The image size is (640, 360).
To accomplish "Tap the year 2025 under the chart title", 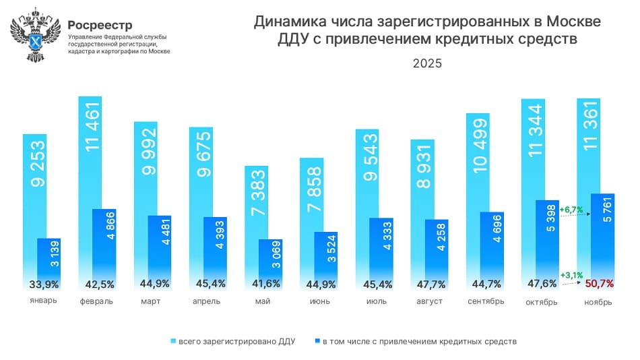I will coord(427,64).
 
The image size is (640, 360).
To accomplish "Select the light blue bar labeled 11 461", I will coord(90,148).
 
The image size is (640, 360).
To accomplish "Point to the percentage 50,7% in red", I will coord(600,283).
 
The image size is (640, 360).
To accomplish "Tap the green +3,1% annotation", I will coord(571,275).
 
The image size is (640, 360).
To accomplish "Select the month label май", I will coord(263,301).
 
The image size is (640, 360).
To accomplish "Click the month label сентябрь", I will coord(485,301).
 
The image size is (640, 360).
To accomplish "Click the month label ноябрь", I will coord(598,302).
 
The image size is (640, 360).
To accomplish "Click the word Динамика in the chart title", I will coord(288,22).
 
